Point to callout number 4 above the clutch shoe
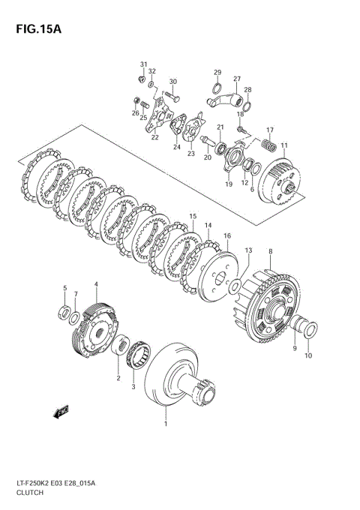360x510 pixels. (x=96, y=284)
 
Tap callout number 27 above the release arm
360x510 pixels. (x=236, y=79)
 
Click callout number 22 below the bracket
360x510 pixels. (x=154, y=137)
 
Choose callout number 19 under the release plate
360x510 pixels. (x=228, y=184)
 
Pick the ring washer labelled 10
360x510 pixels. (x=312, y=328)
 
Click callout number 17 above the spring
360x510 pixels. (x=270, y=130)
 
